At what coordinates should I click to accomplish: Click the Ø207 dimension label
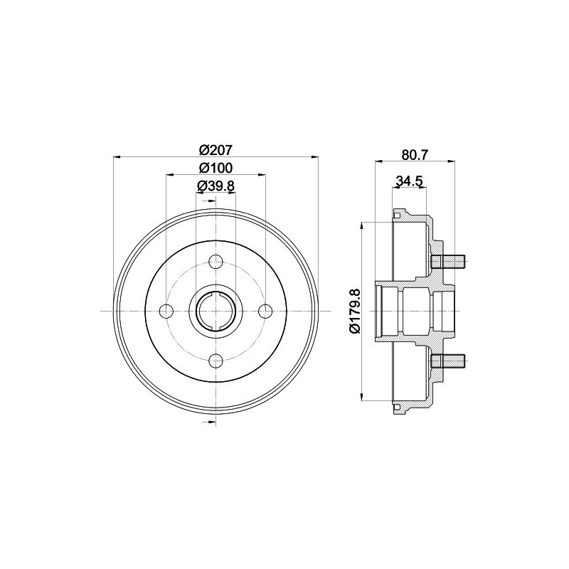coord(216,149)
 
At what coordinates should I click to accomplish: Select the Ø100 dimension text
coord(216,168)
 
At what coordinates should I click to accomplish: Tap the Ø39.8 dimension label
coord(216,186)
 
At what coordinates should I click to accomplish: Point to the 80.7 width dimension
coord(415,155)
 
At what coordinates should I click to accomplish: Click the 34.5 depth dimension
coord(410,181)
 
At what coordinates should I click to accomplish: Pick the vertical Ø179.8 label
coord(353,311)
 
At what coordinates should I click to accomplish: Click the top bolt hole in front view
coord(216,261)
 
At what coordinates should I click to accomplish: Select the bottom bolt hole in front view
coord(216,361)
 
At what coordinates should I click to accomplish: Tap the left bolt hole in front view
coord(166,311)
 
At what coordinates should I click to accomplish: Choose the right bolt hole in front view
coord(266,311)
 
